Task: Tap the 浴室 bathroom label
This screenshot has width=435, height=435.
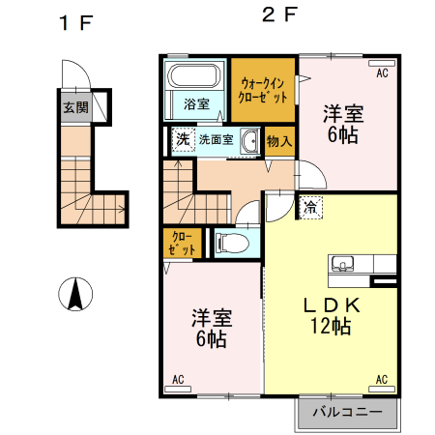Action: pos(196,103)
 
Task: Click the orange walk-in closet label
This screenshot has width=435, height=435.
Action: pos(263,90)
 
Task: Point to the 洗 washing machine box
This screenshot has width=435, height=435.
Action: pos(182,140)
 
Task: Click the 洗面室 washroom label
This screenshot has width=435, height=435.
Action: pos(217,140)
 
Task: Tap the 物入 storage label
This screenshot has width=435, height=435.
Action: pos(279,141)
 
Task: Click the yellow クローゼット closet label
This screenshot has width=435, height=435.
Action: pos(183,243)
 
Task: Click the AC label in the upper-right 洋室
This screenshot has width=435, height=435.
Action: pos(381,72)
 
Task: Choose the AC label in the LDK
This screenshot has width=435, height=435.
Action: pos(381,378)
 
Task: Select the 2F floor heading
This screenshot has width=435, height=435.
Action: pos(277,14)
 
